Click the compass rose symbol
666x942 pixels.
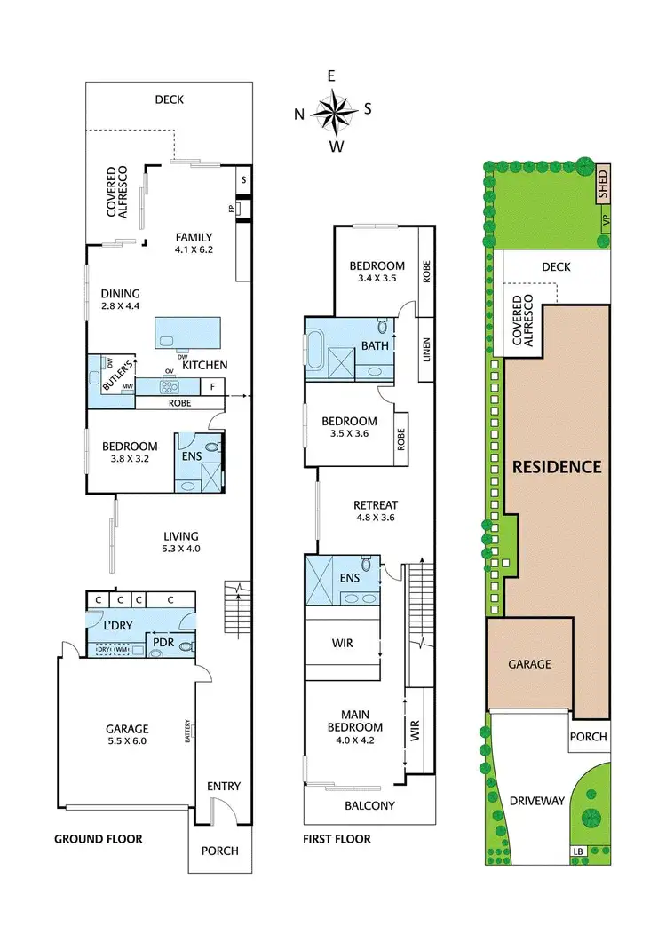[x=333, y=112]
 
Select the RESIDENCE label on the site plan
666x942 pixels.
[x=556, y=467]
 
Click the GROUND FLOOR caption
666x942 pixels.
[x=98, y=839]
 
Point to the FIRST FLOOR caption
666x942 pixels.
[x=337, y=839]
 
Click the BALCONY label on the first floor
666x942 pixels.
[x=369, y=806]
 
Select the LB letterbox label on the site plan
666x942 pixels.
[x=579, y=853]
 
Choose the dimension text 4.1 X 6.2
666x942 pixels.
[x=194, y=249]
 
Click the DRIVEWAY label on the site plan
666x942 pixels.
[x=537, y=801]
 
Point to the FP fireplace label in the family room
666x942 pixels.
[x=230, y=210]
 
